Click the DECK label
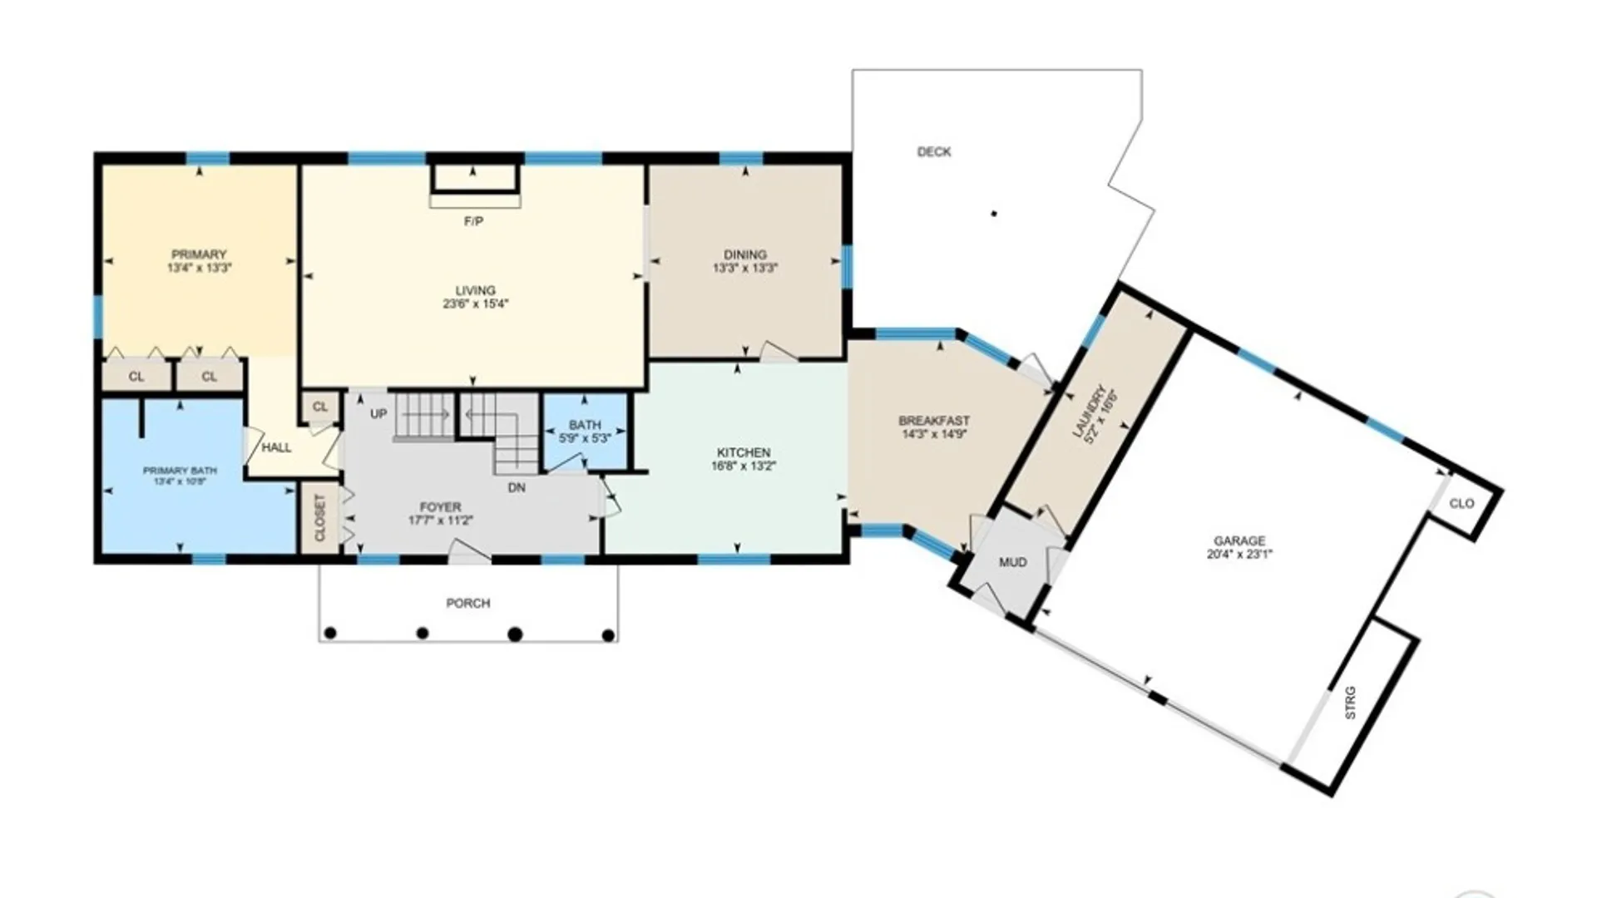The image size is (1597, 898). click(x=933, y=152)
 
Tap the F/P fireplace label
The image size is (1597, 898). click(x=473, y=222)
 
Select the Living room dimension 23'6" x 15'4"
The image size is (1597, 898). click(x=475, y=304)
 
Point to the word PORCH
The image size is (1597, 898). click(x=468, y=604)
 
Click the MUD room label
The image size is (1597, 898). click(x=1012, y=563)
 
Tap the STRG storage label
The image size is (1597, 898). click(x=1350, y=703)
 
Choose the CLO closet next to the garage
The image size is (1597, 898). click(x=1461, y=504)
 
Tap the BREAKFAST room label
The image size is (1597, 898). click(x=934, y=421)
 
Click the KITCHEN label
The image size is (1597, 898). click(x=744, y=452)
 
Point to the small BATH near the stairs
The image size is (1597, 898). click(x=585, y=425)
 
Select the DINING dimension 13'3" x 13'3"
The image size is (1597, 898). click(x=744, y=269)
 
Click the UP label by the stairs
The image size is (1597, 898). click(x=378, y=414)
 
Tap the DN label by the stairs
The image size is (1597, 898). click(x=517, y=488)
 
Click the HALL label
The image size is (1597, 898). click(x=276, y=448)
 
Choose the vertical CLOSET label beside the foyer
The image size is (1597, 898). click(x=320, y=518)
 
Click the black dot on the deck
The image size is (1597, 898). click(x=994, y=215)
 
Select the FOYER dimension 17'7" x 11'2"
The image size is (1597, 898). click(x=440, y=521)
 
